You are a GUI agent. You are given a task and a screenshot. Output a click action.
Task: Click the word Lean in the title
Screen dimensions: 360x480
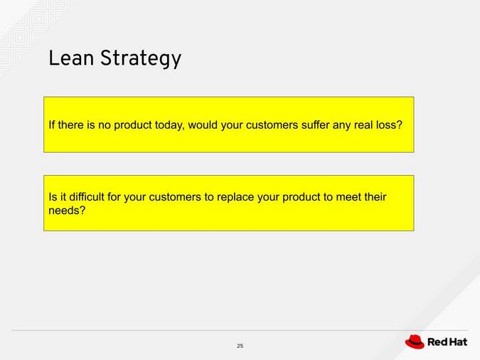(71, 58)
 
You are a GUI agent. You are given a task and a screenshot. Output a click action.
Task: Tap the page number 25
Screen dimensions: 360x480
(240, 346)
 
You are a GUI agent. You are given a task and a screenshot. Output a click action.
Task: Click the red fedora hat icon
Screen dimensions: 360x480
(415, 342)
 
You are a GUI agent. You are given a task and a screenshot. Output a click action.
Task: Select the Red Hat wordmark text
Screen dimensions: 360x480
(447, 342)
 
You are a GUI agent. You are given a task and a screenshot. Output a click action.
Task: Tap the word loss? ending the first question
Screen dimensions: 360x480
(388, 125)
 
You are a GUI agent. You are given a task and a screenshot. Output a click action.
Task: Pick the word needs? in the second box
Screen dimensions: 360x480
(67, 211)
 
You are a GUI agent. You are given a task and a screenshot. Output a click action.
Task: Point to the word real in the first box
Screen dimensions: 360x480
(363, 125)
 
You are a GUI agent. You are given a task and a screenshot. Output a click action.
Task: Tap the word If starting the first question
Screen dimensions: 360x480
(51, 125)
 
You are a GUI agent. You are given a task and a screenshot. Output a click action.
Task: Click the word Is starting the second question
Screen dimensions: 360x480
(53, 197)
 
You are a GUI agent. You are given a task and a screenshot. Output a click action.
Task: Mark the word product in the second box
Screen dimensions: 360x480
(302, 197)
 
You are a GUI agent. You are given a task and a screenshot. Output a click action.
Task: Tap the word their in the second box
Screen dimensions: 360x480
(375, 197)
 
